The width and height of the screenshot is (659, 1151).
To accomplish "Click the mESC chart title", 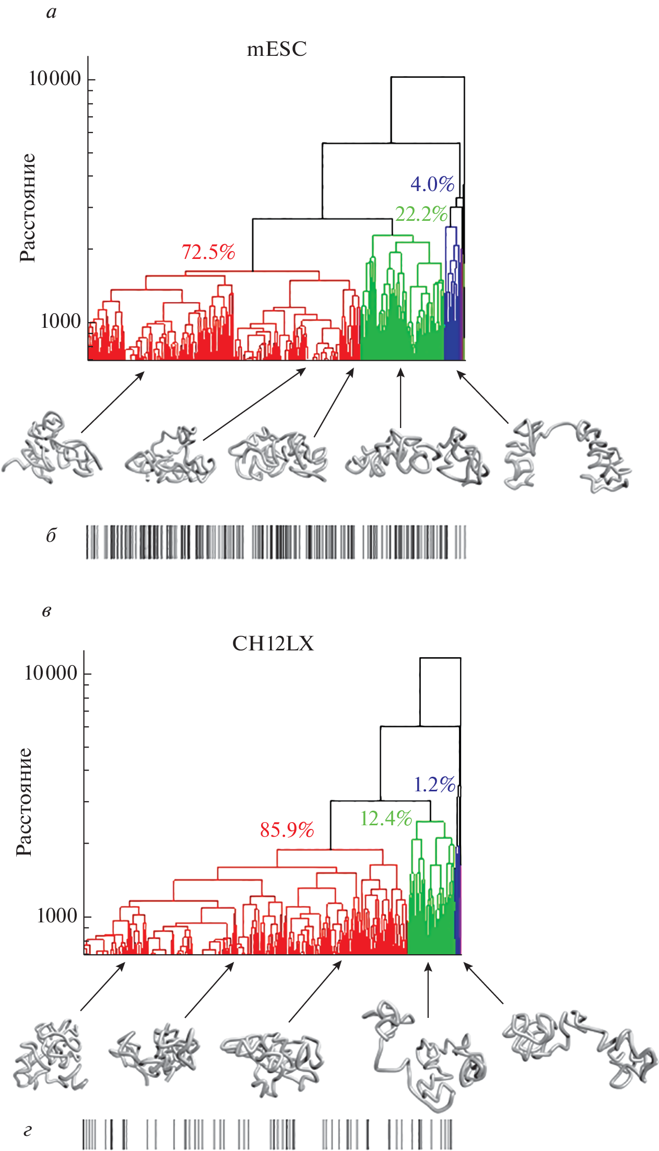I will click(277, 49).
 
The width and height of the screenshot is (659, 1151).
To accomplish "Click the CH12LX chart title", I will click(273, 644).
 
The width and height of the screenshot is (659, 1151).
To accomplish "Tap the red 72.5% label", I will click(208, 252).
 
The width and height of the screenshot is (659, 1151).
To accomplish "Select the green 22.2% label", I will click(421, 214).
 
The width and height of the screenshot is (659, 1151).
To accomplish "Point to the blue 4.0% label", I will click(432, 184).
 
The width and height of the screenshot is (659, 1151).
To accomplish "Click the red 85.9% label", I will click(287, 829).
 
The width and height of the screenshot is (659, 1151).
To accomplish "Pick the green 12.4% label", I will click(386, 818).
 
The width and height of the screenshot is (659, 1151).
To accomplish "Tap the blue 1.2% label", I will click(434, 784).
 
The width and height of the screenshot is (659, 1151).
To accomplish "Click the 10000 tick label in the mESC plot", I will click(55, 79).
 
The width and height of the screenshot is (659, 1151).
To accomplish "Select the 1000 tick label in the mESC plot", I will click(61, 321).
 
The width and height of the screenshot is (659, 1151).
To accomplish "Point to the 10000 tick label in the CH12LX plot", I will click(51, 673).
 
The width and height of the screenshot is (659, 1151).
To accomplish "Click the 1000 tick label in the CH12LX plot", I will click(57, 915).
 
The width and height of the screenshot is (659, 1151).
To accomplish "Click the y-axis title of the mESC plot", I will click(28, 208).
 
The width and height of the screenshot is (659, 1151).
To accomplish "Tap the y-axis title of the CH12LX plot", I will click(24, 802).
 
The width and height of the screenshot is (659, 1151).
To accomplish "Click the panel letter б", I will click(51, 536).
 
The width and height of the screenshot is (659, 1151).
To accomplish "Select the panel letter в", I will click(46, 611).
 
